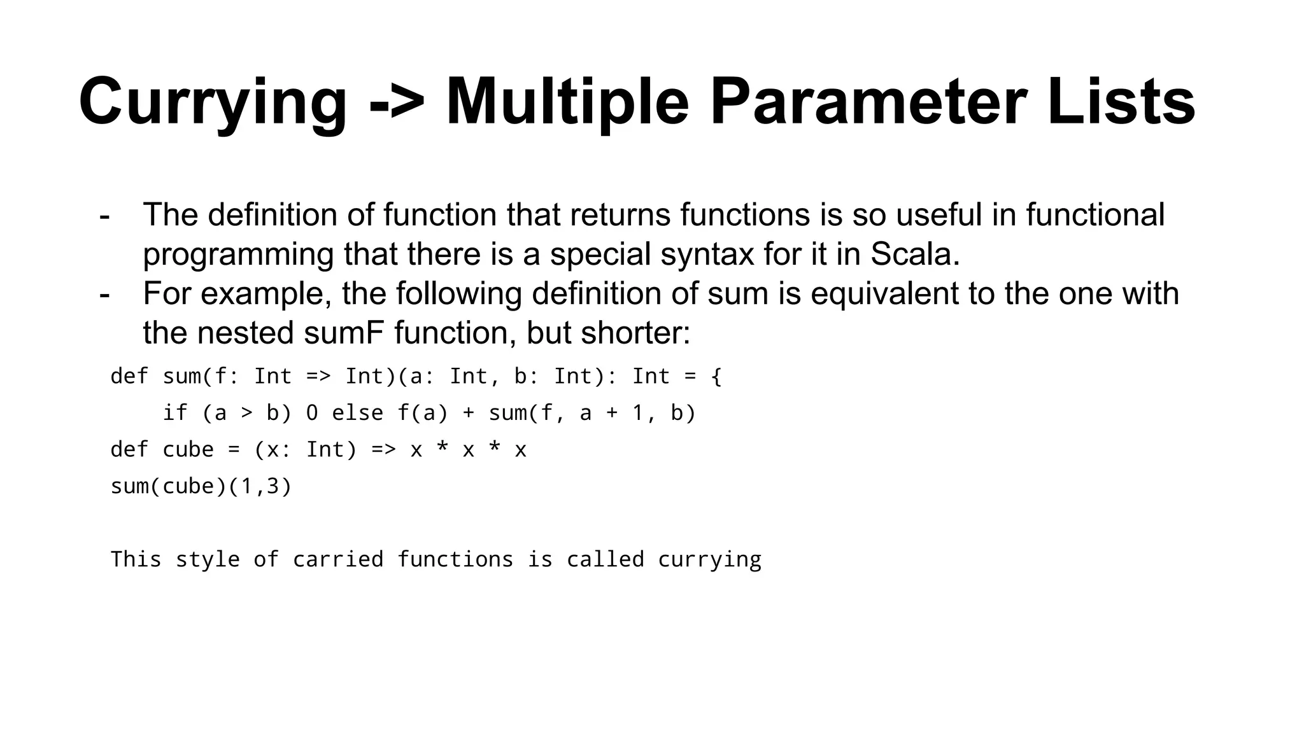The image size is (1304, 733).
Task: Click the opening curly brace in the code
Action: (x=716, y=377)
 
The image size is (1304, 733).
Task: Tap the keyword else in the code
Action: (x=357, y=414)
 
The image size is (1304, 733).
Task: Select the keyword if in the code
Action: (x=175, y=414)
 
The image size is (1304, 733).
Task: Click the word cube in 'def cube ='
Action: (x=188, y=450)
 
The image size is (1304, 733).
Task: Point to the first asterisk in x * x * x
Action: (x=442, y=450)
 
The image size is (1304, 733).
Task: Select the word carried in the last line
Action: (x=338, y=560)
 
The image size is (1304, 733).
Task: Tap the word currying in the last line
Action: (x=709, y=560)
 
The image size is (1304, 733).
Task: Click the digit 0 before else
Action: (x=311, y=414)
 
